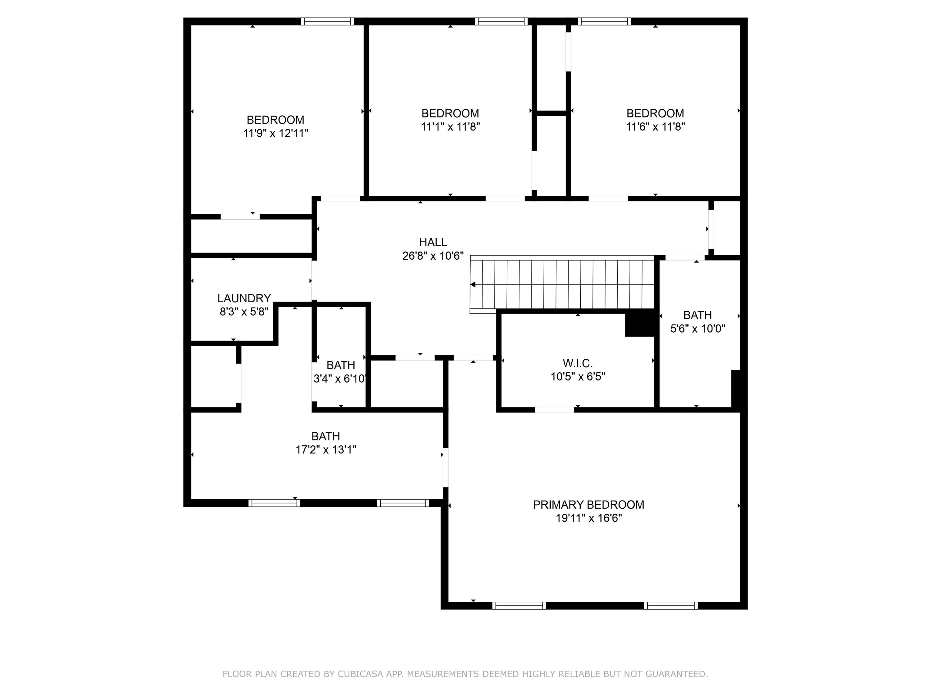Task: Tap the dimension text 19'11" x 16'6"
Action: coord(589,518)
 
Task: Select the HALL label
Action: coord(433,242)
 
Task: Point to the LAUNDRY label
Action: coord(244,298)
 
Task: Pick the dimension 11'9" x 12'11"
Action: coord(276,133)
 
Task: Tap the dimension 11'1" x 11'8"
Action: coord(450,127)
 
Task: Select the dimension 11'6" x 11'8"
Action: coord(655,127)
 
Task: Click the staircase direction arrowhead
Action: coord(473,285)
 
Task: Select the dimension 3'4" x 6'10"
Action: coord(340,379)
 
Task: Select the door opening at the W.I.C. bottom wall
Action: coord(554,409)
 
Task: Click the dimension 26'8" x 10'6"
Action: coord(433,256)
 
